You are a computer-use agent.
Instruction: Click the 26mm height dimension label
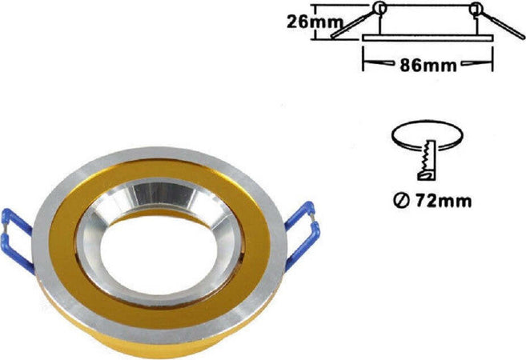pos(315,22)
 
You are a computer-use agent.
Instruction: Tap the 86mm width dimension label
pos(428,66)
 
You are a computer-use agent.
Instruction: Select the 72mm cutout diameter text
pos(444,201)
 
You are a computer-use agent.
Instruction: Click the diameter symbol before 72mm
pos(401,201)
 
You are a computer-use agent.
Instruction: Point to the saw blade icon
pos(427,160)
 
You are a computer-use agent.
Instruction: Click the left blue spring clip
pos(17,241)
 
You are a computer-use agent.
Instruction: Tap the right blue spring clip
pos(303,234)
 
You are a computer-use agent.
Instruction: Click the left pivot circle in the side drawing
pos(379,8)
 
